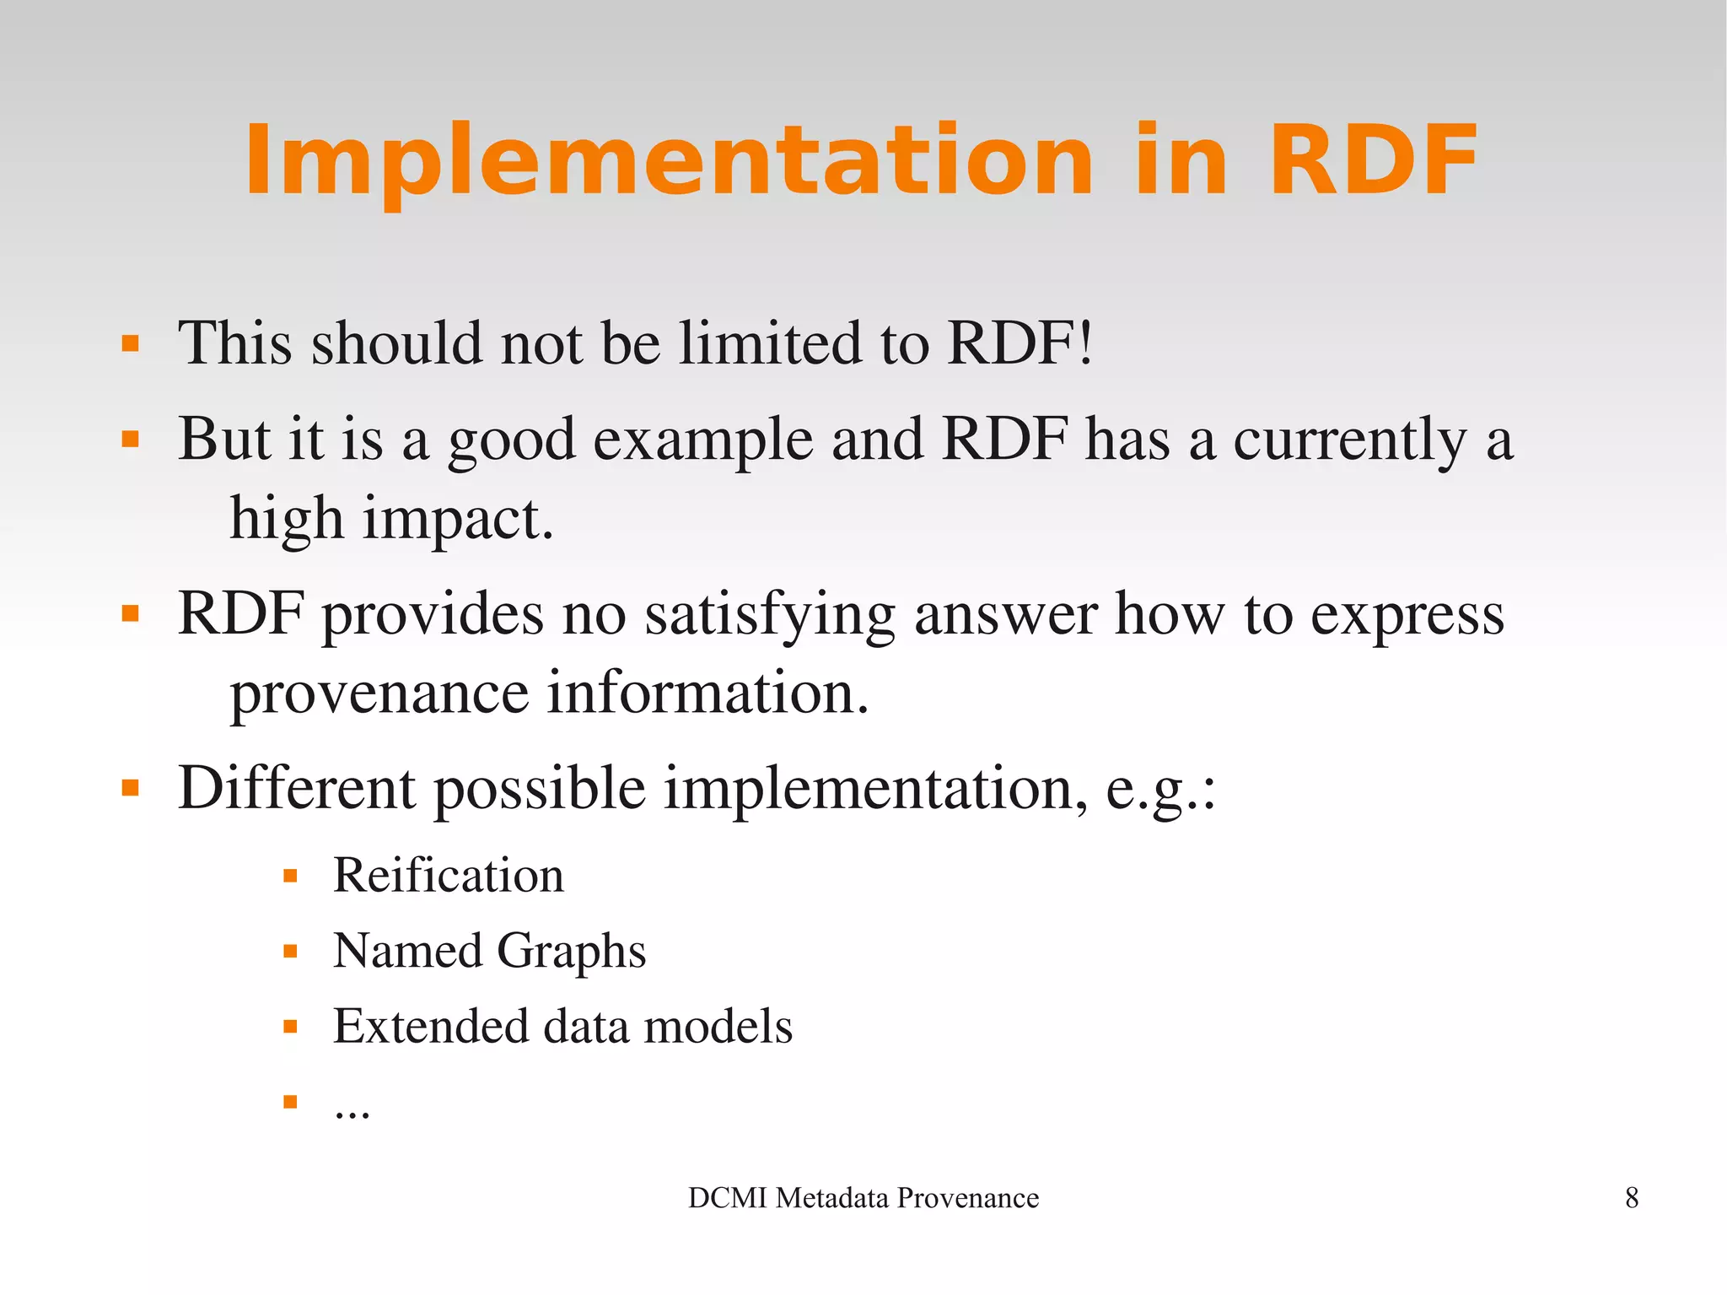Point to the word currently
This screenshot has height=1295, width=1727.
point(1350,440)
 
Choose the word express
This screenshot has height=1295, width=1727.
point(1407,615)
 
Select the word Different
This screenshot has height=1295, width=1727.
point(297,788)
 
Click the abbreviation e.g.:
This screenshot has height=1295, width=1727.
point(1160,790)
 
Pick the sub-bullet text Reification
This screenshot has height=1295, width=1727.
point(448,875)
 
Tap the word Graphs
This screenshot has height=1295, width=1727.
point(571,952)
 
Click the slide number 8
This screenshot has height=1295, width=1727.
point(1631,1198)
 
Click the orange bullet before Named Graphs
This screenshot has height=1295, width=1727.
point(290,952)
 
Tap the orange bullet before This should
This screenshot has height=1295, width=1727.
point(130,343)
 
